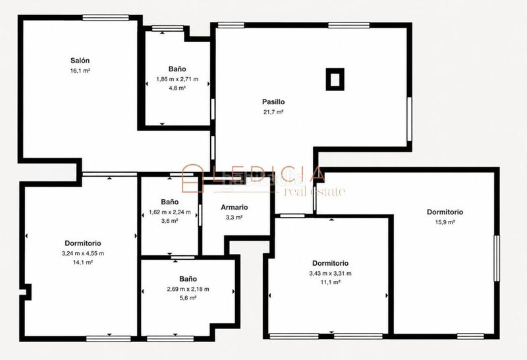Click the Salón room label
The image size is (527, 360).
pos(80,61)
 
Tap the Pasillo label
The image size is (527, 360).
pos(273,102)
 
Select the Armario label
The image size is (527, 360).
pos(235,208)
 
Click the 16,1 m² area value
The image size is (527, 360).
pos(80,71)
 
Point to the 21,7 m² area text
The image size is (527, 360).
pos(273,112)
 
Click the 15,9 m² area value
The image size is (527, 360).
pos(445,222)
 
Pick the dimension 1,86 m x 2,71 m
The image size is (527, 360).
pos(177,79)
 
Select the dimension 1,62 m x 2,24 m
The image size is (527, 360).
pos(170,212)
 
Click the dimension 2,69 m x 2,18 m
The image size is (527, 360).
pos(188,289)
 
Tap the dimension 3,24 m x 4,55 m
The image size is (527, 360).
pos(83,253)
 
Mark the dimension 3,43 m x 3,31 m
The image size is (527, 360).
pos(331,274)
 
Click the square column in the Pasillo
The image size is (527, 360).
pos(335,79)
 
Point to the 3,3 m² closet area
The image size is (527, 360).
pos(235,218)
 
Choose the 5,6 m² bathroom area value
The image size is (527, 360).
pos(188,298)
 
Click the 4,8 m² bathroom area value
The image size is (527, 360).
pos(177,88)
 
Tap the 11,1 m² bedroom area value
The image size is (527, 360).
pos(331,282)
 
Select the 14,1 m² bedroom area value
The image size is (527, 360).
pos(83,262)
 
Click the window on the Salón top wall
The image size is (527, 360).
pos(106,18)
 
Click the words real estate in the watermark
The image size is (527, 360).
pos(314,191)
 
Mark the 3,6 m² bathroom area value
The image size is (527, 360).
pos(170,221)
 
